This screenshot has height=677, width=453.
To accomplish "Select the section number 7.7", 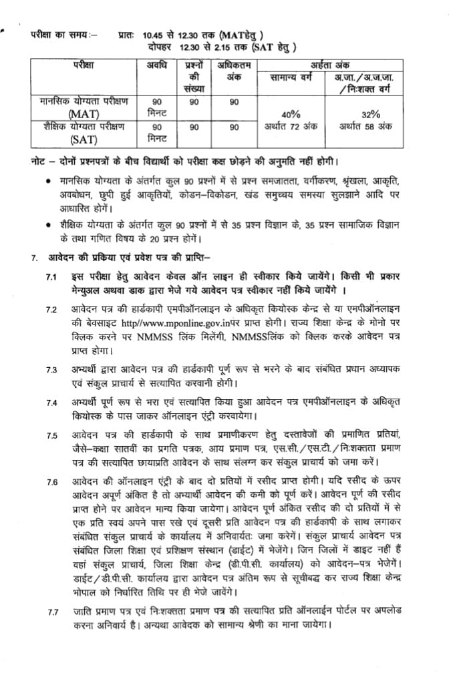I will pyautogui.click(x=53, y=612).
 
